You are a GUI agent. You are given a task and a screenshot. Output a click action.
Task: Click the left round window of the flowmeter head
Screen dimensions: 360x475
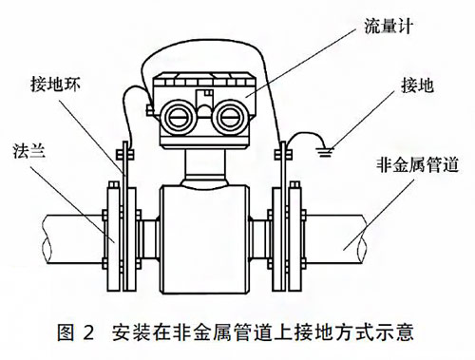[180, 116]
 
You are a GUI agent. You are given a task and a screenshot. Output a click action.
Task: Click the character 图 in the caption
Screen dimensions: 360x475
[66, 333]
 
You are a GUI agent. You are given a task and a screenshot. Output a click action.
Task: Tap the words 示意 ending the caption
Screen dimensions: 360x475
[400, 333]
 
